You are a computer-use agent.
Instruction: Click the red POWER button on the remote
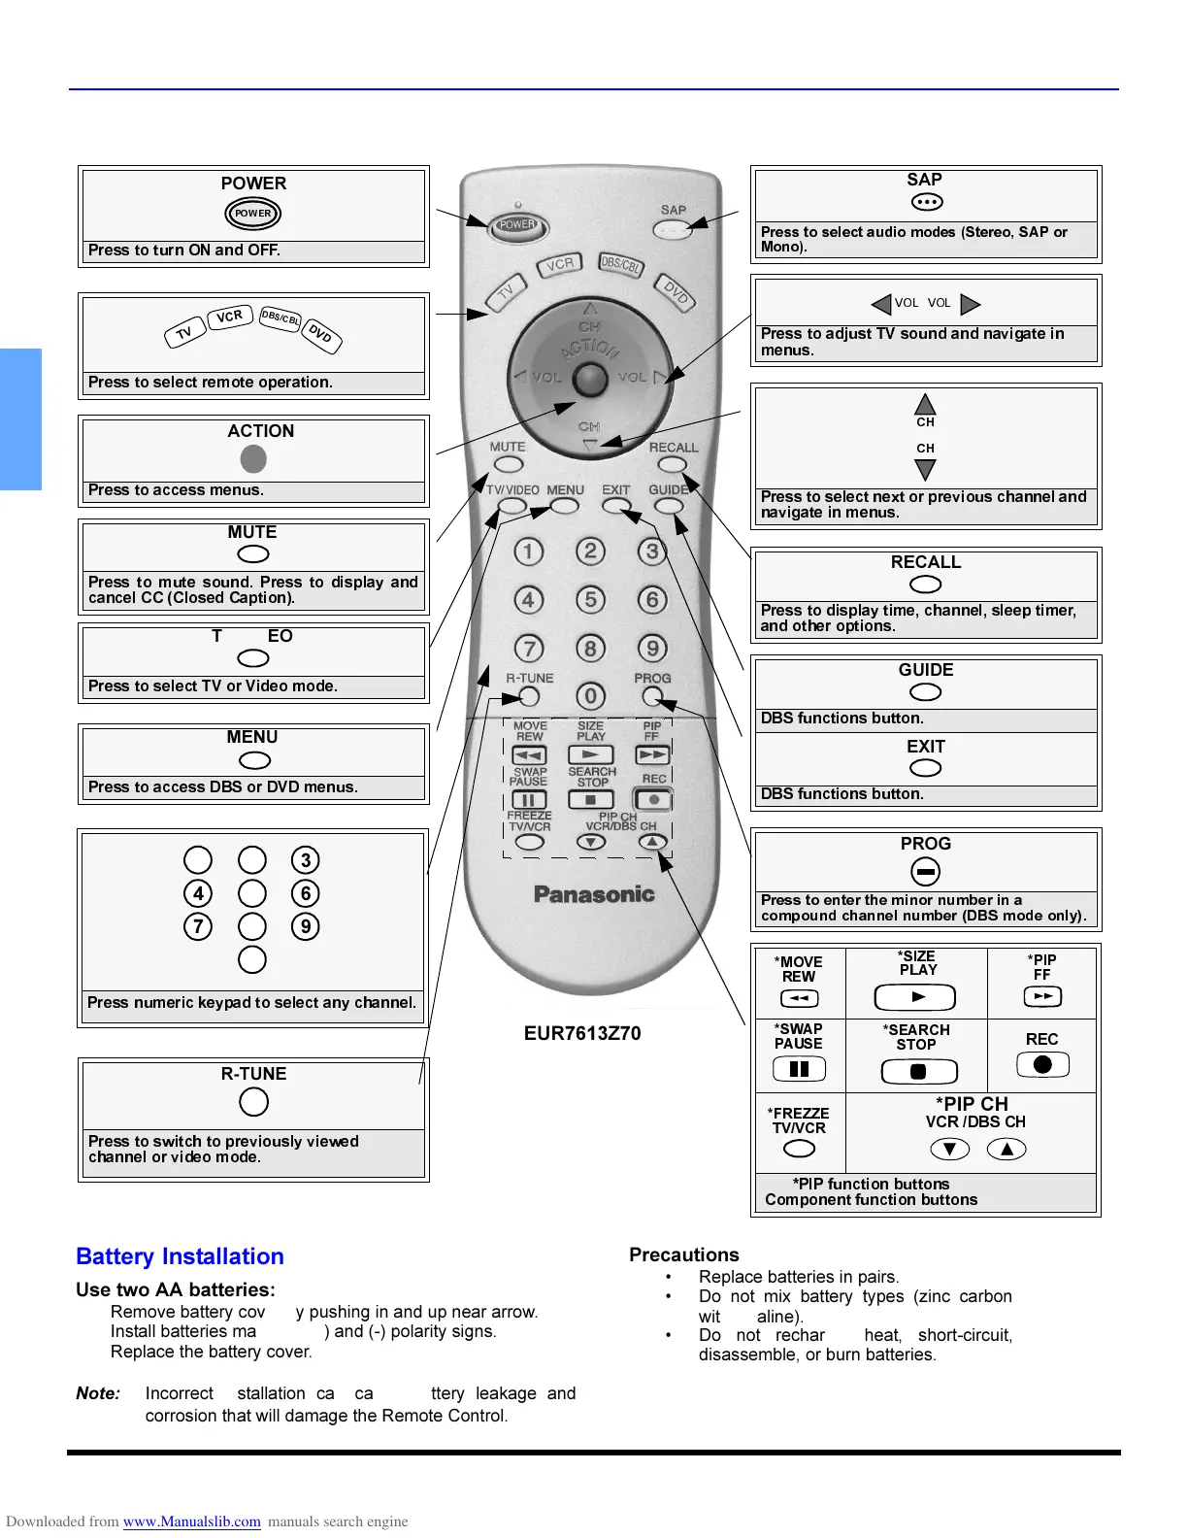516,225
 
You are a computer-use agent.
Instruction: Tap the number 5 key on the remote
590,599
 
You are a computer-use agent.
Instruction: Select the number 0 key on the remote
590,696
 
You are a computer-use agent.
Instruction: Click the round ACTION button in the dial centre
590,379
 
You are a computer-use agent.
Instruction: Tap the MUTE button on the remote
509,464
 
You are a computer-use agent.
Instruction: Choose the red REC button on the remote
654,800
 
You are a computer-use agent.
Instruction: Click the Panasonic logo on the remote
594,894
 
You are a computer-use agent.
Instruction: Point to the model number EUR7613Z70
582,1033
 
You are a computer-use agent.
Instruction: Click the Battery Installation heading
180,1256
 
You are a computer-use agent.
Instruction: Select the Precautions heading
684,1254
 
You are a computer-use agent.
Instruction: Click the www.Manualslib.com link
191,1521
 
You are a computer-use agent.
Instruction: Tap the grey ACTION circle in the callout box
253,458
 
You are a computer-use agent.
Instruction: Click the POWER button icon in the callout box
253,213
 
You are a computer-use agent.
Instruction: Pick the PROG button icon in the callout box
926,871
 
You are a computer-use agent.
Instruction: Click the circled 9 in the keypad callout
306,926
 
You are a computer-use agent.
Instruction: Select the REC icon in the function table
1042,1064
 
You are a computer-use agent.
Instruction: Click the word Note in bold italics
98,1393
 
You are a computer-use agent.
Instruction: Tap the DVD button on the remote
676,291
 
